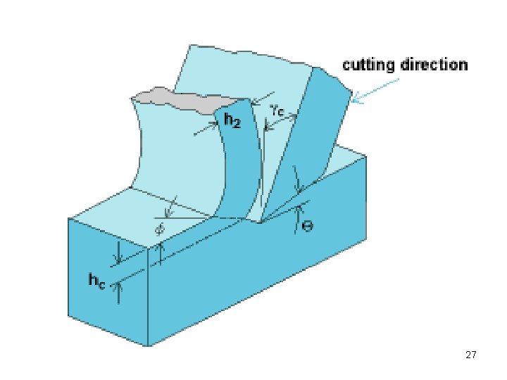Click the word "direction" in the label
pyautogui.click(x=433, y=65)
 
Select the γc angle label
pyautogui.click(x=277, y=110)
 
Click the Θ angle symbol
pyautogui.click(x=308, y=227)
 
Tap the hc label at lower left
pyautogui.click(x=97, y=280)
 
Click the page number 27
pyautogui.click(x=472, y=355)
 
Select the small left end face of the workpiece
pyautogui.click(x=106, y=281)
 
